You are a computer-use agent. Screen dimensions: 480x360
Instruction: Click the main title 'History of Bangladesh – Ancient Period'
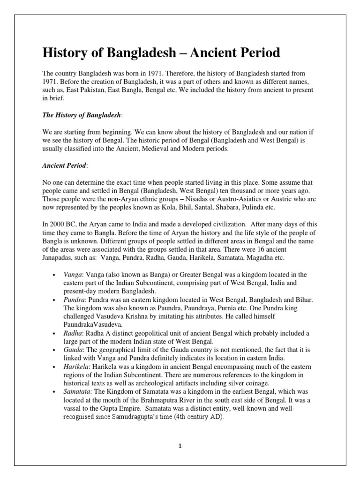161,53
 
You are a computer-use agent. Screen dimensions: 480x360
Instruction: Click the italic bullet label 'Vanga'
72,274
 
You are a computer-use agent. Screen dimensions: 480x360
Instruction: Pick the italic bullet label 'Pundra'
74,299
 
